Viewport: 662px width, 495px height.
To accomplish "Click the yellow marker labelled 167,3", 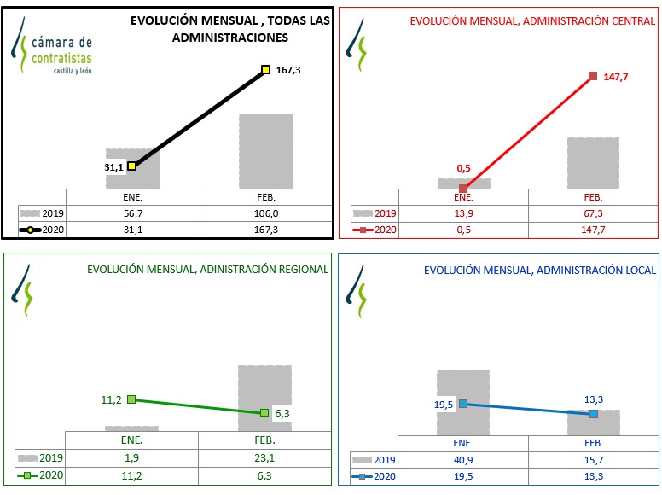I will click(265, 70).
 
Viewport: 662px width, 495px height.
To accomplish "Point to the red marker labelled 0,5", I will click(463, 188).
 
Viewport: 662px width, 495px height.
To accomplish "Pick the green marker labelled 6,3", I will click(265, 413).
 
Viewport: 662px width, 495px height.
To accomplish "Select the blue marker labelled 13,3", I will click(594, 414).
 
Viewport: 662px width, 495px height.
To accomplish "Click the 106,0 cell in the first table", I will click(265, 213).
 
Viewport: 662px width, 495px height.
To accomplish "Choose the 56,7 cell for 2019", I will click(132, 213).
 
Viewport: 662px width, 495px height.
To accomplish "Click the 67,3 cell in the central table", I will click(594, 213).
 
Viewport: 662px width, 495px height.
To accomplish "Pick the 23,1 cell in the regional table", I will click(265, 458).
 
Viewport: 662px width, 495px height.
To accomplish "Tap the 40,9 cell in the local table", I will click(463, 459).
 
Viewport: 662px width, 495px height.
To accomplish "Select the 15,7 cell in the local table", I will click(594, 459).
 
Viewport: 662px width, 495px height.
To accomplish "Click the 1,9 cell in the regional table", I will click(132, 458).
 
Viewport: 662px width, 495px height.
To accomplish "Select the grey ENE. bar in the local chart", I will click(463, 384).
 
